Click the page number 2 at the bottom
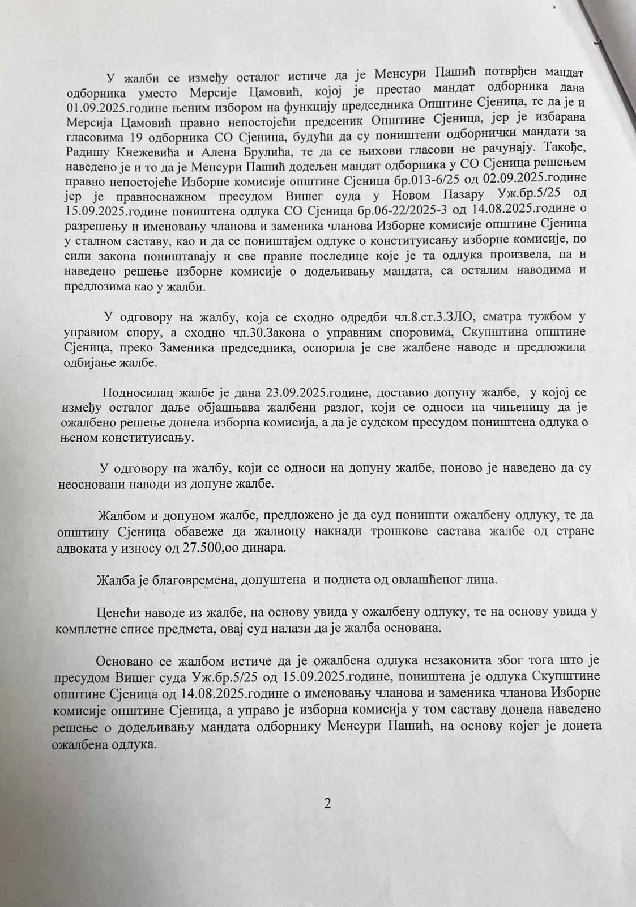tap(327, 803)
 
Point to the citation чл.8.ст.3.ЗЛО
tap(420, 316)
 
